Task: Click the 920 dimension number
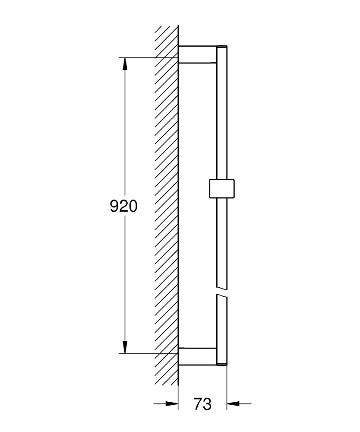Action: point(123,206)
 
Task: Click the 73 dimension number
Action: point(202,404)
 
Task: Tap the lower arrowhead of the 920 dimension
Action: point(125,346)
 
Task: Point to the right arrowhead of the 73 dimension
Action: point(234,404)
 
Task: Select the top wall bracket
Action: point(197,54)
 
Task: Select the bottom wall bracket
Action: point(197,356)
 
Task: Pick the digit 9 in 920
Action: point(114,206)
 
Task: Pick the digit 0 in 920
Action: point(133,206)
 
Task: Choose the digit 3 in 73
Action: point(207,404)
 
